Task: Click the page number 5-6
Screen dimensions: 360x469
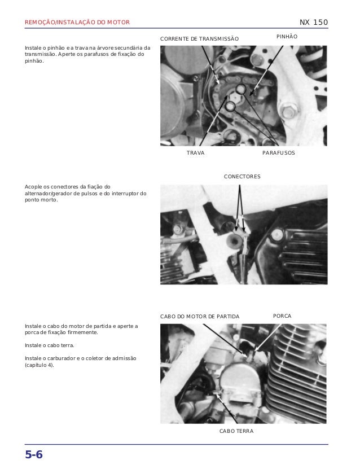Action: click(34, 454)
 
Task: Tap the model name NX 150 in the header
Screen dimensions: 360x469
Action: click(314, 22)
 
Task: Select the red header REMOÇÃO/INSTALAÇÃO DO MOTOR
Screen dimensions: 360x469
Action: click(77, 22)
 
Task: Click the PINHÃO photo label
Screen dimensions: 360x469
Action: click(287, 37)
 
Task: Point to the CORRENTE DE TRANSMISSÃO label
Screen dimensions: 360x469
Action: click(199, 38)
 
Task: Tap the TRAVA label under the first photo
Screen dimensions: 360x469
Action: click(196, 153)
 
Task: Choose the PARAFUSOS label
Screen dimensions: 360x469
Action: click(279, 153)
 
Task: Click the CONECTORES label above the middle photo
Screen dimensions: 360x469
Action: click(242, 177)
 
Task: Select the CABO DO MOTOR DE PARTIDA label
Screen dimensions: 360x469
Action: click(200, 317)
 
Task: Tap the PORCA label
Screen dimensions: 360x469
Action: click(282, 316)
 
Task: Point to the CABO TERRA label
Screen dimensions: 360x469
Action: click(236, 431)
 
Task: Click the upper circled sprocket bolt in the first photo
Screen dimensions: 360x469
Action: click(241, 89)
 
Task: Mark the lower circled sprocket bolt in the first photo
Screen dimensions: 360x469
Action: click(230, 106)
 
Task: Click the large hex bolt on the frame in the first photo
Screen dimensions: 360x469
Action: click(289, 112)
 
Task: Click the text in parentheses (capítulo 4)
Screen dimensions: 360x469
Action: click(39, 365)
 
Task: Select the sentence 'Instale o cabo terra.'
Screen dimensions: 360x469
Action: click(50, 345)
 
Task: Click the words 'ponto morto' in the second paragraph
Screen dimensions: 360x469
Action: click(41, 200)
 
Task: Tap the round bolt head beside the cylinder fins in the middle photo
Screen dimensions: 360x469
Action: click(277, 235)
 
